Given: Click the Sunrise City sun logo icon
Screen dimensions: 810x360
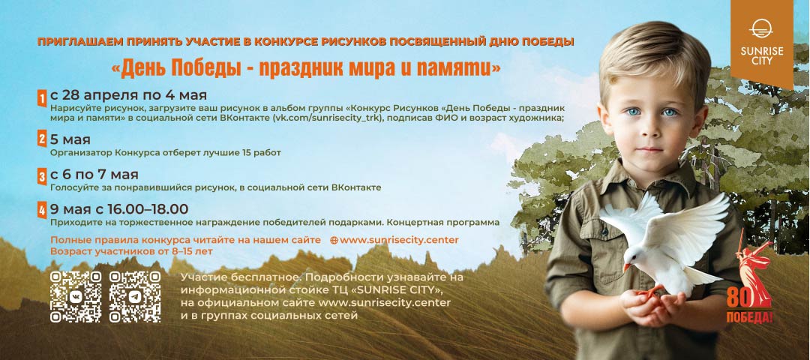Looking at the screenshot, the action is coord(761,29).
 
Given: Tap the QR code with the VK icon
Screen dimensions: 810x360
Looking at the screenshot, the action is coord(76,296).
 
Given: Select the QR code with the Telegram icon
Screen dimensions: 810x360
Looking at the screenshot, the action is coord(135,296).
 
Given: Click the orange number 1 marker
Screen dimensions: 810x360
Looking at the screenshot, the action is coord(42,98).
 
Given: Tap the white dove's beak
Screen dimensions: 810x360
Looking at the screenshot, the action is coord(626,267).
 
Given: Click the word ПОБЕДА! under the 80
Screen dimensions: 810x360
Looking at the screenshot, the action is coord(749,316).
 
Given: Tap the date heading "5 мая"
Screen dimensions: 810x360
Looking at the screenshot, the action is coord(70,140).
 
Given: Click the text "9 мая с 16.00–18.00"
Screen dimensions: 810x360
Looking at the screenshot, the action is coord(119,209).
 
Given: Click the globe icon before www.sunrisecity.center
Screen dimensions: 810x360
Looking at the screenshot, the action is coord(334,240).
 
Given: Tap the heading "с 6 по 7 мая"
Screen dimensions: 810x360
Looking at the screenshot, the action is coord(94,175).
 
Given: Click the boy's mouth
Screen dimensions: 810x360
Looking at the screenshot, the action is coord(649,150).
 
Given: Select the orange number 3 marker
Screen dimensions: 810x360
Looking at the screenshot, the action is coord(42,177).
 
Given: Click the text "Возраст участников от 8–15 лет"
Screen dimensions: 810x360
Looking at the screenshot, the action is coord(131,251).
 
